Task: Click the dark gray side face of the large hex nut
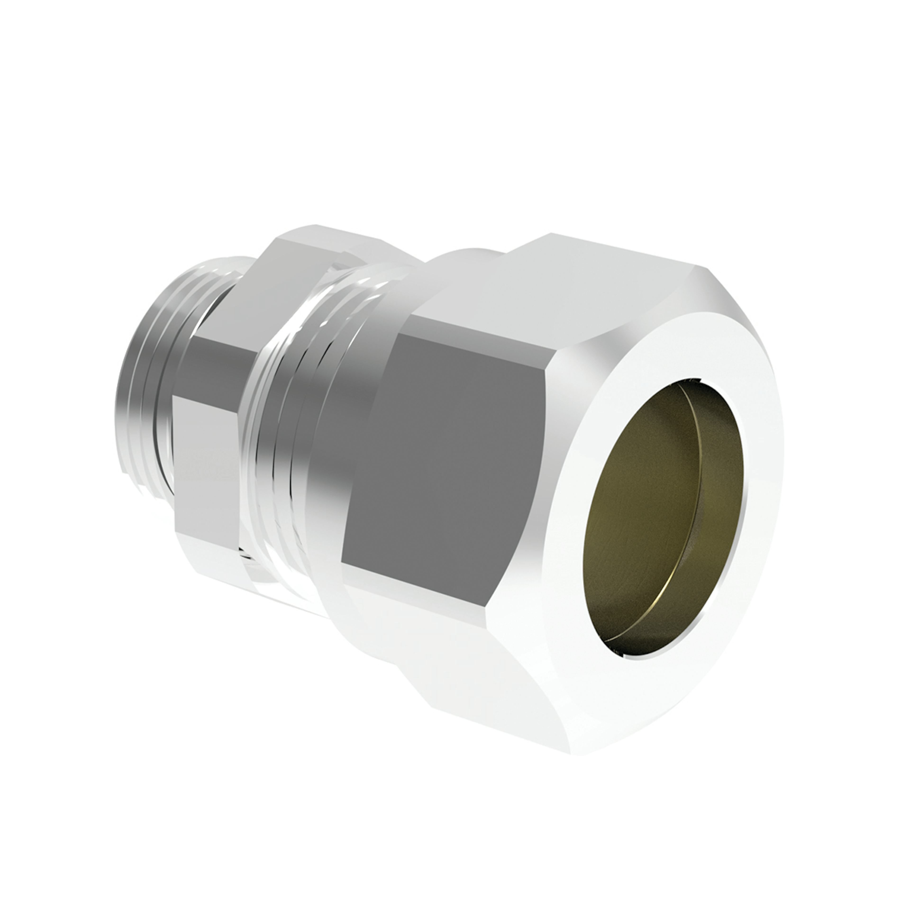click(x=462, y=447)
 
